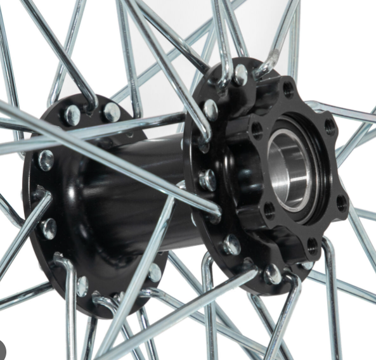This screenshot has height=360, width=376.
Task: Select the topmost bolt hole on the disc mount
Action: pyautogui.click(x=289, y=89)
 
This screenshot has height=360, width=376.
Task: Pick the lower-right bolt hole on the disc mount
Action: pyautogui.click(x=342, y=204)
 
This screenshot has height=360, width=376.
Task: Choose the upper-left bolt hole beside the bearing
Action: pyautogui.click(x=257, y=130)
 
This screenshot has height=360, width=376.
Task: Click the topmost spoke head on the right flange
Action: pyautogui.click(x=240, y=75)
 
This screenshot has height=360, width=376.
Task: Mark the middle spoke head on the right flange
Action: pyautogui.click(x=207, y=180)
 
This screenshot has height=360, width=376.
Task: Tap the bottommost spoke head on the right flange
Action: pyautogui.click(x=273, y=274)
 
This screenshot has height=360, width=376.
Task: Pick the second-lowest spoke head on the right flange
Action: pyautogui.click(x=232, y=244)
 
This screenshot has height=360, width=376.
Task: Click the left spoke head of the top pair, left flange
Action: pyautogui.click(x=72, y=115)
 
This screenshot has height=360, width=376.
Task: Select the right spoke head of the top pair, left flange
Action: pyautogui.click(x=112, y=112)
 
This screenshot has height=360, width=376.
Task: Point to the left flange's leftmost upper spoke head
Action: pyautogui.click(x=45, y=160)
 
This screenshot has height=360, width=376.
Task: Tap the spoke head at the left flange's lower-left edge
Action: pyautogui.click(x=48, y=227)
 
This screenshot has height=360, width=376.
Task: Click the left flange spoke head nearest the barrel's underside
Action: pyautogui.click(x=154, y=272)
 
